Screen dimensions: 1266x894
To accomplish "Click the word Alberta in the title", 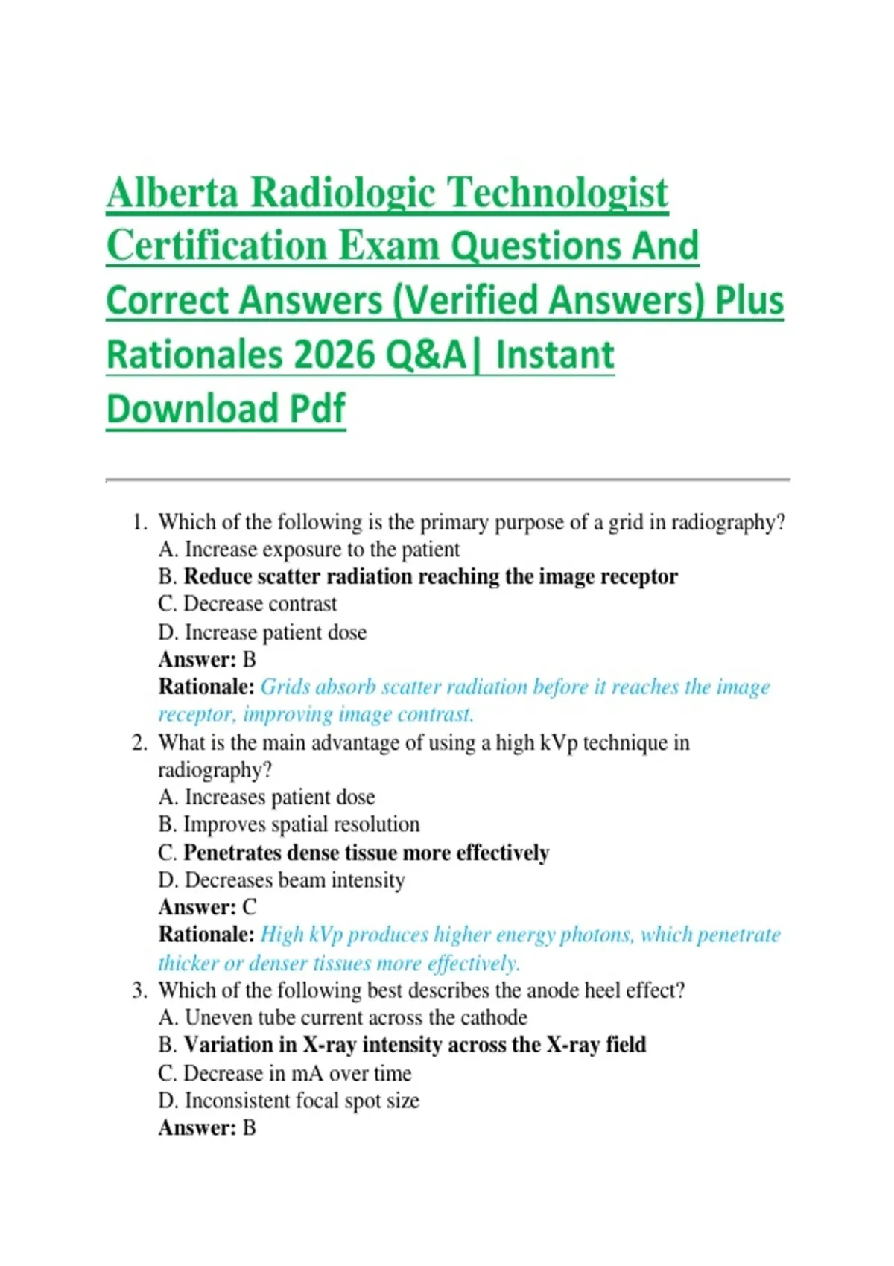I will [173, 193].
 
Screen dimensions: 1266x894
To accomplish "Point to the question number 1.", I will [138, 522].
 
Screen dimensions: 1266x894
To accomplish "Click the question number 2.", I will [139, 742].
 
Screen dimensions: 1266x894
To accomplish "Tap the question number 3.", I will [139, 990].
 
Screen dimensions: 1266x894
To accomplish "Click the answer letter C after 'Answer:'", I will [250, 908].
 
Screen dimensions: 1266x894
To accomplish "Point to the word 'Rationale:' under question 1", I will [206, 687].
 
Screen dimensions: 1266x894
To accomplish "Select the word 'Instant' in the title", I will [555, 355].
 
